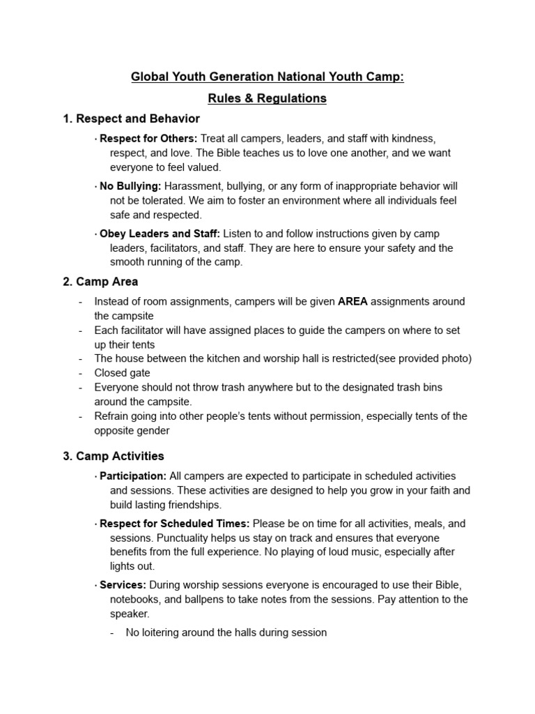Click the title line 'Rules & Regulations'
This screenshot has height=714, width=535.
pyautogui.click(x=267, y=98)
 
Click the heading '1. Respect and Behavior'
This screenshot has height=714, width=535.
pyautogui.click(x=131, y=119)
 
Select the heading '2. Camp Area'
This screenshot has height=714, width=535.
pyautogui.click(x=100, y=282)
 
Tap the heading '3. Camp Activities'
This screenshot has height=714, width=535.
pyautogui.click(x=114, y=456)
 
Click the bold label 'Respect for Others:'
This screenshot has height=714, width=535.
pyautogui.click(x=148, y=139)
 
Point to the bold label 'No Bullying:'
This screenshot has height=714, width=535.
pyautogui.click(x=130, y=186)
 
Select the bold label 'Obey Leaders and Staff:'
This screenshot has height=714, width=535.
pyautogui.click(x=160, y=234)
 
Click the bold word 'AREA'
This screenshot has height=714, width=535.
pyautogui.click(x=352, y=302)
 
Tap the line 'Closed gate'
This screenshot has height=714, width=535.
pyautogui.click(x=122, y=373)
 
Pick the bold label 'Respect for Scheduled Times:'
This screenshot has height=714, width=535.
pyautogui.click(x=174, y=524)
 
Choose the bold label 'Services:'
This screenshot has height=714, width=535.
pyautogui.click(x=123, y=585)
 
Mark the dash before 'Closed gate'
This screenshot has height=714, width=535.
pyautogui.click(x=81, y=373)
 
